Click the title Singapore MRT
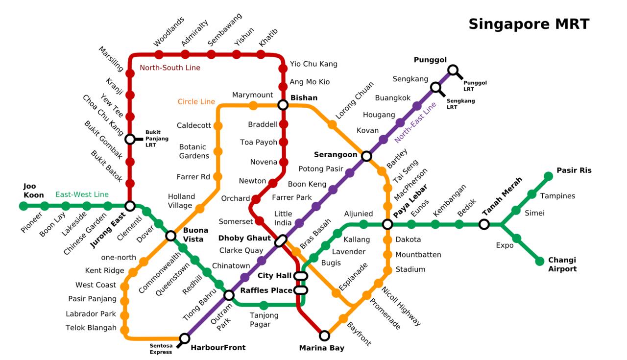click(x=529, y=24)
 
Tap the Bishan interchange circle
click(x=283, y=105)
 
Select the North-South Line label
click(x=170, y=68)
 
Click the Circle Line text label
click(x=196, y=102)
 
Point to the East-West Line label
click(x=82, y=194)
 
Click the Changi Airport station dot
click(x=540, y=261)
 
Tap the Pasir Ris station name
click(x=574, y=170)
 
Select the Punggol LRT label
click(x=475, y=86)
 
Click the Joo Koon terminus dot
click(x=24, y=206)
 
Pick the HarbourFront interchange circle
click(x=185, y=338)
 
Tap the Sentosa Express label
click(x=161, y=349)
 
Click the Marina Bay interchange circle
click(x=324, y=336)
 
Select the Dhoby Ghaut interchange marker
click(x=281, y=240)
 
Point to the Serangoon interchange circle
click(x=366, y=156)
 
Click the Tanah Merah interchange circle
click(x=484, y=224)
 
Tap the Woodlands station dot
click(x=159, y=54)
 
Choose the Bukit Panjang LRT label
click(x=157, y=139)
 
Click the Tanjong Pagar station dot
click(x=264, y=306)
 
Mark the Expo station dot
click(x=516, y=239)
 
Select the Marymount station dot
click(x=253, y=105)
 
